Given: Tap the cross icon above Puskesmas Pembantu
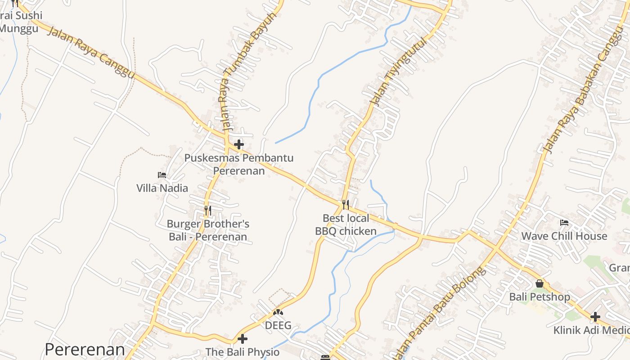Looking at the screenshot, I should [239, 144].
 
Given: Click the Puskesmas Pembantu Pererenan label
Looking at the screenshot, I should [239, 164].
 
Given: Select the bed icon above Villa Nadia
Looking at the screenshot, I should [162, 175].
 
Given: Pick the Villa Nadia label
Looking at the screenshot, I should [162, 188].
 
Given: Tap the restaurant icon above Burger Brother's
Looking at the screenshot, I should [207, 210].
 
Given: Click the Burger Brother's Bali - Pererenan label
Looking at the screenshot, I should [208, 230].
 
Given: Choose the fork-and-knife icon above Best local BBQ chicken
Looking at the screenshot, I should [346, 205].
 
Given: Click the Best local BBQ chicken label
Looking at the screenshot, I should [346, 225].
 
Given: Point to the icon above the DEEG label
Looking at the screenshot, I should [278, 312].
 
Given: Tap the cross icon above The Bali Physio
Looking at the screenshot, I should [243, 338].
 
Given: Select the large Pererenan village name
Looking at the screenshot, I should [85, 350].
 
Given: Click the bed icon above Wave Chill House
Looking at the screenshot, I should [564, 222].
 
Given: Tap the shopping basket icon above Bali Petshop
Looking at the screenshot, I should [540, 283].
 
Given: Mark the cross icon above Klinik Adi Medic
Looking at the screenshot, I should [595, 317].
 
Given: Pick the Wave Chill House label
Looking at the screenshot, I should [564, 236].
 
